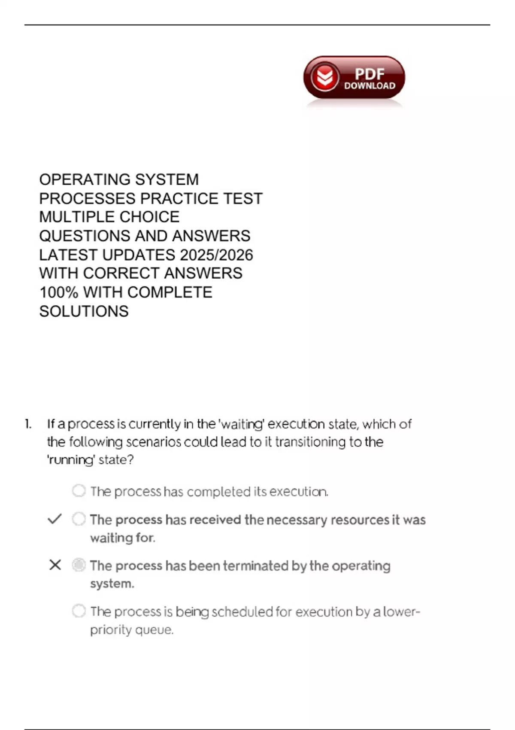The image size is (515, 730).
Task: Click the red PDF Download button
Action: point(354,78)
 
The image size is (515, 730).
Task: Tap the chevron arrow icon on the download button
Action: point(324,77)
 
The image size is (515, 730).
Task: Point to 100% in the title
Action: point(59,292)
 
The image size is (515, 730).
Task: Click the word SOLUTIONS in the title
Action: point(84,311)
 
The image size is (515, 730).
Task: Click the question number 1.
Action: point(28,424)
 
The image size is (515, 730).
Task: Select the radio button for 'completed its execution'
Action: point(79,490)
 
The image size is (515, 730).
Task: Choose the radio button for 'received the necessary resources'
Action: point(79,519)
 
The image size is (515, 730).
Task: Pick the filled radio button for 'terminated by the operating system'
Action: point(79,565)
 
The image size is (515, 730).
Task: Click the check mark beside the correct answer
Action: point(55,519)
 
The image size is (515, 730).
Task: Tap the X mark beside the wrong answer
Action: point(55,565)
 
